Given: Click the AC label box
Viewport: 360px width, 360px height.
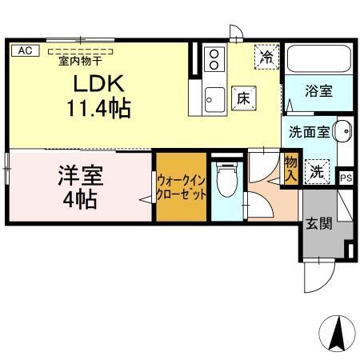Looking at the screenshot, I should (24, 50).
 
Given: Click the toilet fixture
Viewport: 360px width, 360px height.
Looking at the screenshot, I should (228, 179).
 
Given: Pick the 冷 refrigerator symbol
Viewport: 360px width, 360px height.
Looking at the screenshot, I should (266, 58).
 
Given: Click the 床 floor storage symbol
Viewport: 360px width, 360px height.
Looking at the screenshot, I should (242, 98).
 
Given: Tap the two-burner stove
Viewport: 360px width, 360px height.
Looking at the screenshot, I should (214, 58).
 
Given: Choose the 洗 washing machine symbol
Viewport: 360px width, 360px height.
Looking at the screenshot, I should (317, 170).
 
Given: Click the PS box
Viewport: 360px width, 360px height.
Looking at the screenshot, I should (346, 178).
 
